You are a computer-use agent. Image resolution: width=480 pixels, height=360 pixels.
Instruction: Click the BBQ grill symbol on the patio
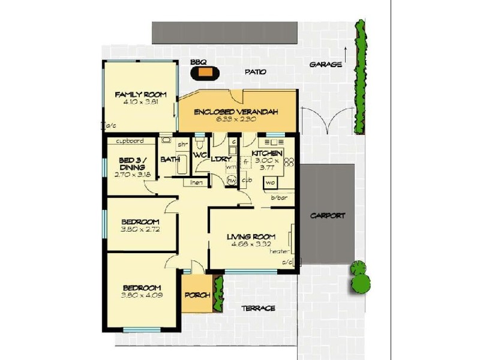click(206, 73)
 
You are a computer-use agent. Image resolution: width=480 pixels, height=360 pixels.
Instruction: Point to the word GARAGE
click(326, 64)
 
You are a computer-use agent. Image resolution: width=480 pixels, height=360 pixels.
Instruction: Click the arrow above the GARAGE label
click(347, 53)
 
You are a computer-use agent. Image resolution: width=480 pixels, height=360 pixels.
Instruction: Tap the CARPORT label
click(328, 215)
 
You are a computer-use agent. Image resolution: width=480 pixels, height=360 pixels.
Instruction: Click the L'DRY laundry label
click(218, 158)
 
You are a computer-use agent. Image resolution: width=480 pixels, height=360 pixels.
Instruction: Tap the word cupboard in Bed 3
click(129, 142)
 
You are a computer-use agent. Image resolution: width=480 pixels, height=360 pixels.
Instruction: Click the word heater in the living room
click(280, 251)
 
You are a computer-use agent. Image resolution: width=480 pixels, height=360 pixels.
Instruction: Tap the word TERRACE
click(259, 308)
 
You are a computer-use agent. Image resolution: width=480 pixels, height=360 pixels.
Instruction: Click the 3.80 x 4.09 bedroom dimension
click(142, 295)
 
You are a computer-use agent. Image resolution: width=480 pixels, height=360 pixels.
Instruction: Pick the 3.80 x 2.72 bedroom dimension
click(141, 229)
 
